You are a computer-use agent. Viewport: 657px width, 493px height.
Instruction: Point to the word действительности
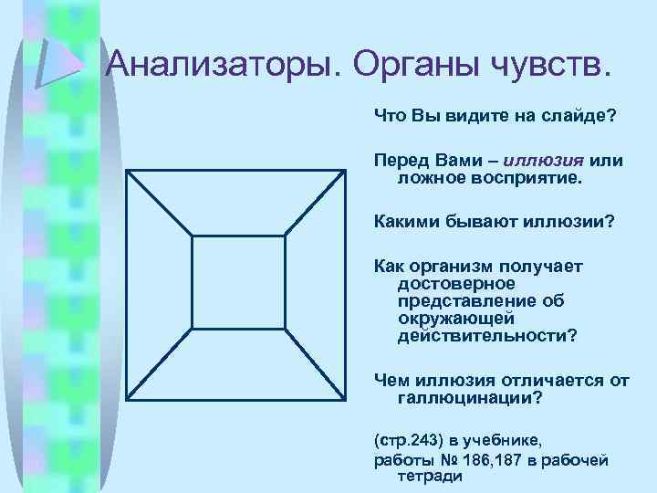point(485,335)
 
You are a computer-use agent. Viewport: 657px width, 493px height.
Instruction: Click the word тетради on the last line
point(430,476)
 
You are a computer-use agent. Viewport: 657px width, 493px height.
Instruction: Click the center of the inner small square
point(238,283)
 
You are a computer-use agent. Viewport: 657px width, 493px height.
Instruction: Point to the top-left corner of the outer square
point(127,171)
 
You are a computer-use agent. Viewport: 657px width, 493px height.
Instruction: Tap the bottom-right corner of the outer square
point(346,399)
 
